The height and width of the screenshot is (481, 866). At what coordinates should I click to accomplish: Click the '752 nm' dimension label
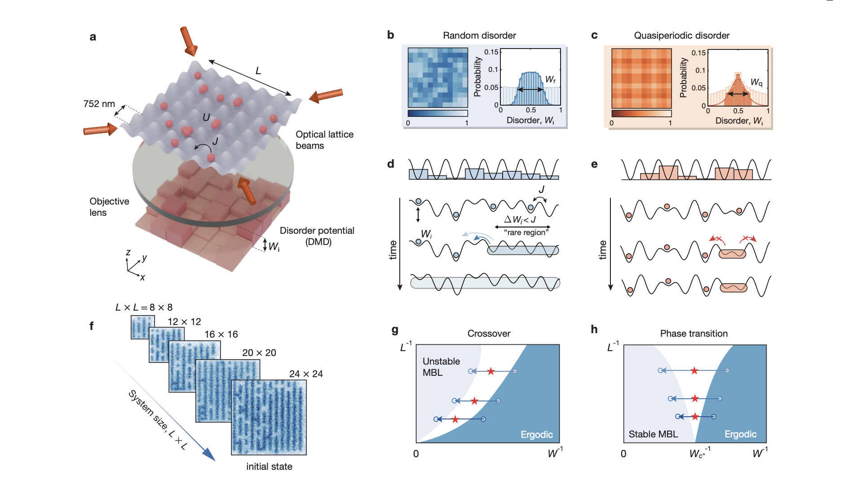[99, 104]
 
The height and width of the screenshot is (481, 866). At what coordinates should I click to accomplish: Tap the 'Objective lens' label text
[109, 207]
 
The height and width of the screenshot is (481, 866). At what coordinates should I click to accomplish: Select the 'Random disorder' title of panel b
[479, 36]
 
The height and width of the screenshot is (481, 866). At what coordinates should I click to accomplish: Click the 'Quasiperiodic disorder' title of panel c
[681, 36]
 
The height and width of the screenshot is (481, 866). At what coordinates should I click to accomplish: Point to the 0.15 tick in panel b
[491, 52]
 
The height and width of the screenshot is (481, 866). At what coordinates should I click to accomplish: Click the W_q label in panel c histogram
[756, 82]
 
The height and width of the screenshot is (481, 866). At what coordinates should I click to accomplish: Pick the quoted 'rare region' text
[526, 232]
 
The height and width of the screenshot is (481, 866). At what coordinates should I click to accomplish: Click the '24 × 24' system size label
[306, 374]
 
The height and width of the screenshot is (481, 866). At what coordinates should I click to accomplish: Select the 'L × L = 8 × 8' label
[144, 307]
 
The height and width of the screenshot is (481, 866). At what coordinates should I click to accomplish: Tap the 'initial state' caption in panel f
[269, 467]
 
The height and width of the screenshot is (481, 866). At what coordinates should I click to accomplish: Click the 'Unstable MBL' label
[441, 367]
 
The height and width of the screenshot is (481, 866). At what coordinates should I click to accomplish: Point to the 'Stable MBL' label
[653, 434]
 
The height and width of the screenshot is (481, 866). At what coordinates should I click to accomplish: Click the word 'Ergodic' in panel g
[536, 435]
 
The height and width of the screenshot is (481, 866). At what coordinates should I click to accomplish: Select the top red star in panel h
[694, 371]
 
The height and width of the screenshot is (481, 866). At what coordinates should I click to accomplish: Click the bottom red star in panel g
[455, 419]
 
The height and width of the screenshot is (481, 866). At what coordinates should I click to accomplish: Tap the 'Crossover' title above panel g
[489, 334]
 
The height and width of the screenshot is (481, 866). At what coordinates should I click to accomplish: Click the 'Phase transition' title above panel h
[694, 334]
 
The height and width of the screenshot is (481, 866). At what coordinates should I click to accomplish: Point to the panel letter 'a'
[93, 37]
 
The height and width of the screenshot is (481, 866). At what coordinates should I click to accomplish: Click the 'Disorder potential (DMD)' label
[317, 236]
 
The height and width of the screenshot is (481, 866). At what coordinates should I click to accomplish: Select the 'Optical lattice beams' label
[324, 140]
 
